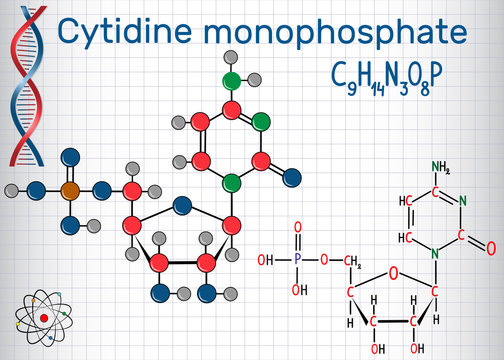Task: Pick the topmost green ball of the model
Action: (232, 78)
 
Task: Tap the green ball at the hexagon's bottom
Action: (232, 182)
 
